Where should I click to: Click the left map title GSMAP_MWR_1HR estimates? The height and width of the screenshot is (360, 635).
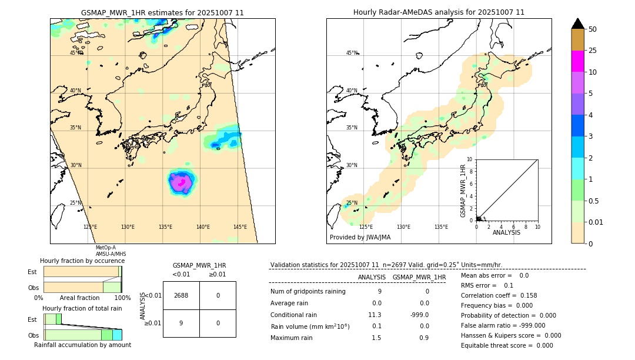(x=162, y=12)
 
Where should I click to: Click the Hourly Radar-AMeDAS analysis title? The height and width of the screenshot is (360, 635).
(x=439, y=12)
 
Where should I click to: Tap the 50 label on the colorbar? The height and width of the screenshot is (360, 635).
(x=593, y=29)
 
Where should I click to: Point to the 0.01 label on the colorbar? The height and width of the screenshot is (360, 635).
(x=596, y=222)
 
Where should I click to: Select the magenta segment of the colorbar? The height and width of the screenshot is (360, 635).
(x=577, y=61)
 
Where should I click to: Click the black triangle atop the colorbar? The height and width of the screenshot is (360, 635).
(x=577, y=24)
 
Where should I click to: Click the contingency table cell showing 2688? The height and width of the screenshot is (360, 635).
(x=181, y=295)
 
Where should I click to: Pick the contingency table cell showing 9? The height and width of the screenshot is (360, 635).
(x=181, y=323)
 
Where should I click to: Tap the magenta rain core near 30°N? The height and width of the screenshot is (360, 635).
(x=182, y=184)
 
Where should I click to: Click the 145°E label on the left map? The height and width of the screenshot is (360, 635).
(x=240, y=227)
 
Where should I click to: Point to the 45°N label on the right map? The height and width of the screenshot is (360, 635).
(x=352, y=53)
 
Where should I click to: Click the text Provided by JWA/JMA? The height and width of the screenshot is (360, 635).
(x=360, y=238)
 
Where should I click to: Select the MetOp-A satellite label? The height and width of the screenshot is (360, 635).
(x=106, y=248)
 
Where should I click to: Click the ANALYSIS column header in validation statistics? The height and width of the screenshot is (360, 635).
(x=372, y=277)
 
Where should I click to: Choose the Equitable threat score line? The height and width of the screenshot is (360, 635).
(x=507, y=345)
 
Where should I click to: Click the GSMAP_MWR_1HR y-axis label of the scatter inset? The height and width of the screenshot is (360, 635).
(x=463, y=191)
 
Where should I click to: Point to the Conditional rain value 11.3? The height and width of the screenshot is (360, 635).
(x=375, y=315)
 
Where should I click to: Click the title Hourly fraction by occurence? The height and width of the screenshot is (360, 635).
(x=82, y=261)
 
